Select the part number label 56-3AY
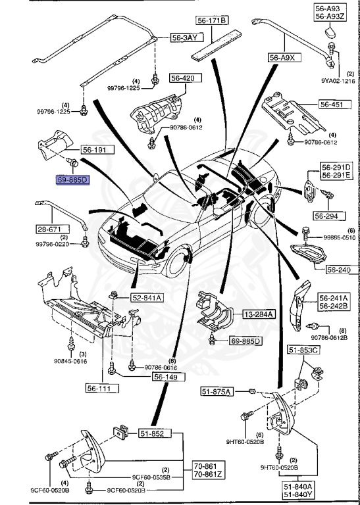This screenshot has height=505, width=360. [184, 38]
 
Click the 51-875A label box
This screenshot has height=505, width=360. [217, 392]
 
